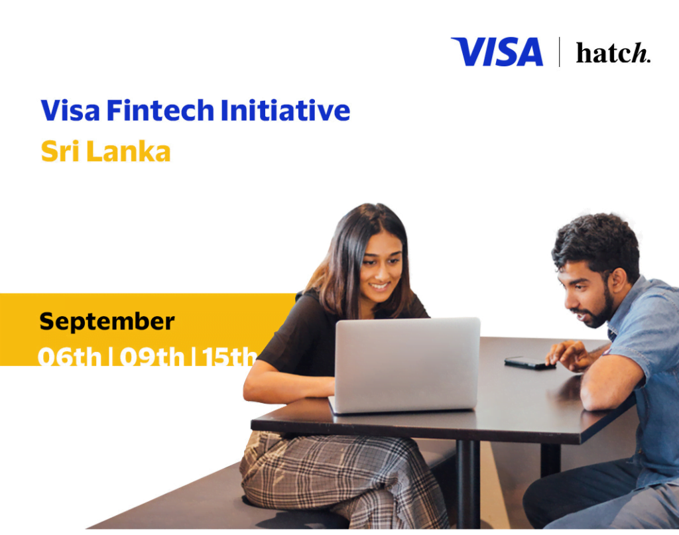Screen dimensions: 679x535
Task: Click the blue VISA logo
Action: point(497,52)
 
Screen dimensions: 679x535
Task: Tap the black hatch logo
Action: point(613,53)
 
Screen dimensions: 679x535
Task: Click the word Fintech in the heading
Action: point(160,110)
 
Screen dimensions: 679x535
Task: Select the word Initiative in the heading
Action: point(285,110)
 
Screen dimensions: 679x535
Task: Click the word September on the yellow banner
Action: point(107,322)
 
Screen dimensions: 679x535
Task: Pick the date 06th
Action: point(70,357)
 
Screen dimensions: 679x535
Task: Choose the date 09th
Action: point(152,357)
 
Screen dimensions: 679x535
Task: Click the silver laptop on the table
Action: point(406,365)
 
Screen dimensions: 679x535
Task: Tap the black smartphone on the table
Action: point(530,363)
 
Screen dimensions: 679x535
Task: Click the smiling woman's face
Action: point(381,268)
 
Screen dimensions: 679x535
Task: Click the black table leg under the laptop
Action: point(468,484)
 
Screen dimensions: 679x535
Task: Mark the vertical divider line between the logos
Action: point(560,52)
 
